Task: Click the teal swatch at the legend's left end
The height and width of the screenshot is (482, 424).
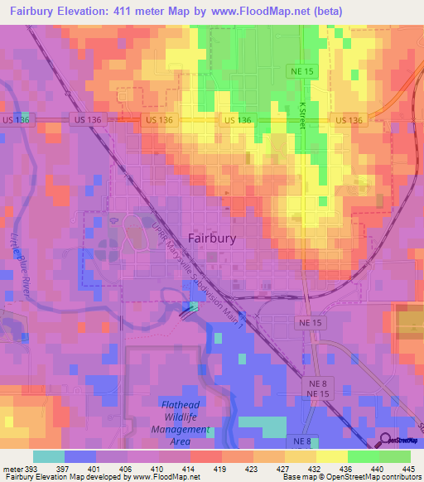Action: click(x=49, y=456)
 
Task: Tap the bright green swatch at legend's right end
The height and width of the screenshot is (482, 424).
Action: click(x=395, y=456)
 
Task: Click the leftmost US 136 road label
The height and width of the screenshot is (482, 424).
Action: click(x=15, y=120)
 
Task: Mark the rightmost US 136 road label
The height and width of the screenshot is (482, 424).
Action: click(x=349, y=120)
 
